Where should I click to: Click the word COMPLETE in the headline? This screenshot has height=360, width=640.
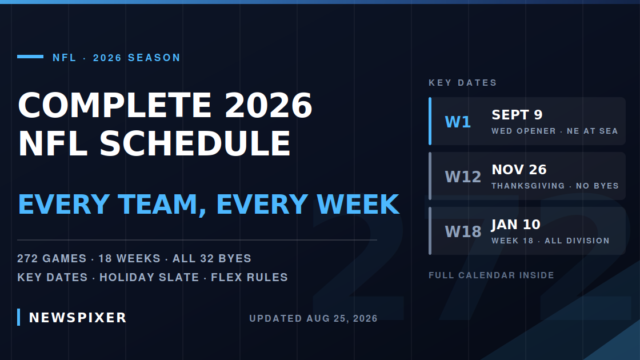pos(115,105)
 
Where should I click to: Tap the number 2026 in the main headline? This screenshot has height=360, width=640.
pos(269,105)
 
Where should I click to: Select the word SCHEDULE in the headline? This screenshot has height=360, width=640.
pos(195,143)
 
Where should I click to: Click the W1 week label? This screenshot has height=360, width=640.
pos(458,122)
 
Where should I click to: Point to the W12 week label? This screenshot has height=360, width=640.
pos(463,177)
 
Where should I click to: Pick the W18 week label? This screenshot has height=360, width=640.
pos(463,231)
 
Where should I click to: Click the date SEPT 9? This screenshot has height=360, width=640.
pos(517,115)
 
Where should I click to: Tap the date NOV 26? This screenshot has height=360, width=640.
pos(519,169)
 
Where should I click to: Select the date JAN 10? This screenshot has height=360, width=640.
pos(516,224)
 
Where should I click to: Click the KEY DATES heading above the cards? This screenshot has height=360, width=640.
pos(462,83)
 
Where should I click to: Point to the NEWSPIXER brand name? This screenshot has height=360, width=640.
pos(78,318)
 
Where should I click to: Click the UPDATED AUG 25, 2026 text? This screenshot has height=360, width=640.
pos(313,318)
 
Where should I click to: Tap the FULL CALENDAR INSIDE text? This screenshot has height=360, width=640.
pos(491,275)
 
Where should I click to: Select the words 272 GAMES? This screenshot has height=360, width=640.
pos(52,258)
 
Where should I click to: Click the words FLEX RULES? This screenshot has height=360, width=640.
pos(249,277)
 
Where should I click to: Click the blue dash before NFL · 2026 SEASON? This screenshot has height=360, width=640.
pos(30,57)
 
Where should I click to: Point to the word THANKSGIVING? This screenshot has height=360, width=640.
pos(528,186)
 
